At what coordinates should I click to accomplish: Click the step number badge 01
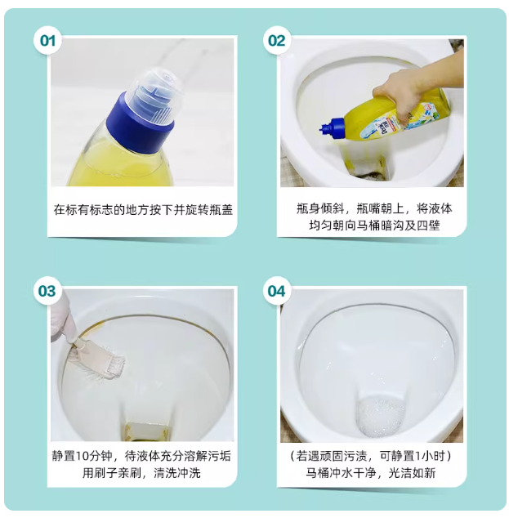click(x=47, y=41)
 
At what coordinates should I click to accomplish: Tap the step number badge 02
click(x=277, y=41)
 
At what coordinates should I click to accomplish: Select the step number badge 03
click(x=47, y=291)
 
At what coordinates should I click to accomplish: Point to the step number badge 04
click(x=277, y=291)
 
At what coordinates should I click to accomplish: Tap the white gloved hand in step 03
click(x=64, y=319)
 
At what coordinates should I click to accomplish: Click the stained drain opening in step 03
click(x=148, y=431)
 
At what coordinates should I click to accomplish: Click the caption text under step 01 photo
click(x=143, y=210)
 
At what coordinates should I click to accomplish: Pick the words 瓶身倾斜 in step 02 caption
click(x=320, y=209)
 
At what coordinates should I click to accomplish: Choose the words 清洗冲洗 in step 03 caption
click(x=177, y=473)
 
